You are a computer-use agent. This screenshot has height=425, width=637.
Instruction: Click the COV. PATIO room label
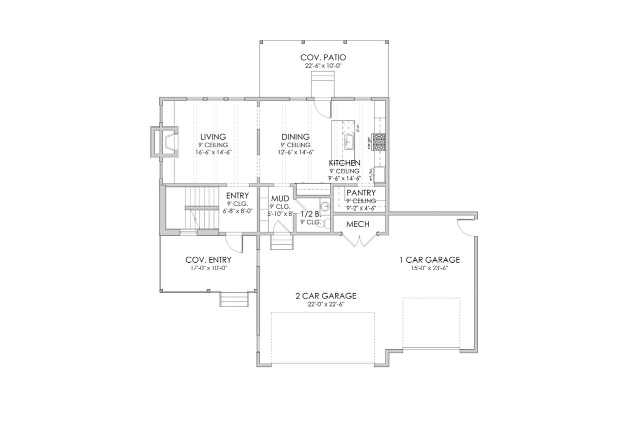click(x=323, y=57)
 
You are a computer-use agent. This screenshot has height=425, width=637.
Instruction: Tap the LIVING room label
click(x=213, y=137)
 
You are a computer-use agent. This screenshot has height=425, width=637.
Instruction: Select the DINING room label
click(x=295, y=137)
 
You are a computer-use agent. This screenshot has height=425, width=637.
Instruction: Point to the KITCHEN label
click(x=344, y=163)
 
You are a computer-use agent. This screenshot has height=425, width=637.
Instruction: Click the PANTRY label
click(x=361, y=193)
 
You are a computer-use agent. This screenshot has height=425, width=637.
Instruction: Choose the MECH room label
click(x=358, y=224)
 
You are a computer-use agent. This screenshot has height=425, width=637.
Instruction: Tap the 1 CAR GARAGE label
click(x=429, y=260)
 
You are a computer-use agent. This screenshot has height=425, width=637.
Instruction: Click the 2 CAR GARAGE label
click(x=325, y=296)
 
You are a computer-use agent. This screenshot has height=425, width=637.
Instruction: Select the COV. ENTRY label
click(x=208, y=260)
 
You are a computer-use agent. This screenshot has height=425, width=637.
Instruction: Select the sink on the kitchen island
click(x=349, y=141)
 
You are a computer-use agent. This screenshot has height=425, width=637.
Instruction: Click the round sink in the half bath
click(x=325, y=206)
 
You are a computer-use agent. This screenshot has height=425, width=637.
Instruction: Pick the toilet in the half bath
click(x=325, y=223)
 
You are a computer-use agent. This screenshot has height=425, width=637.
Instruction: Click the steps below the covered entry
click(x=234, y=300)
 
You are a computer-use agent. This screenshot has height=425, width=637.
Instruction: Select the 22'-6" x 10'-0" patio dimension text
click(x=323, y=66)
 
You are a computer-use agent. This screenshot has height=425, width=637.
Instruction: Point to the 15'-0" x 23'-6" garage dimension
click(x=429, y=268)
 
